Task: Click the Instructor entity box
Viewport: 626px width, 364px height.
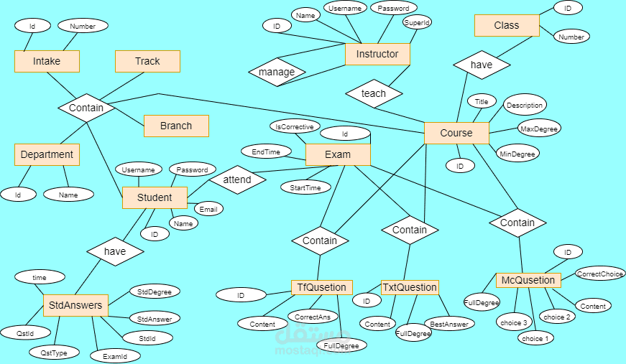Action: (377, 54)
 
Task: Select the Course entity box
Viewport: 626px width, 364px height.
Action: (456, 133)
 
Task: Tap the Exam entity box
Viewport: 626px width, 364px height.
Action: (338, 154)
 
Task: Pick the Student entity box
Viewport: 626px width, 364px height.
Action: (155, 197)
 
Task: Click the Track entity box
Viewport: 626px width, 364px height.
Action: (147, 61)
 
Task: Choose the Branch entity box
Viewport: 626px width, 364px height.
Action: (176, 126)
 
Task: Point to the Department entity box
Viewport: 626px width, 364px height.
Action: (47, 154)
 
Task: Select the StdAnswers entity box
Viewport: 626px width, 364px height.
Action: (75, 305)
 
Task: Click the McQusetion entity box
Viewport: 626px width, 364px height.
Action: (528, 280)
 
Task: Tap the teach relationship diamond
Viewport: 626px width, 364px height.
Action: (374, 93)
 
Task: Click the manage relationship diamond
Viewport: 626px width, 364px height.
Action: (277, 72)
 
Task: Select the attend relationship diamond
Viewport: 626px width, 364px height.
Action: (237, 179)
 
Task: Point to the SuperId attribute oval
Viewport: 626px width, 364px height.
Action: (417, 22)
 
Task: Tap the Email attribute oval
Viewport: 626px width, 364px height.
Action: (208, 209)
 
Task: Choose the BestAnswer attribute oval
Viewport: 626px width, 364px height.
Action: (448, 324)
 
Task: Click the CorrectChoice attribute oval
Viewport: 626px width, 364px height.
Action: (600, 274)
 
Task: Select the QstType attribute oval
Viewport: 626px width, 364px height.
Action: (54, 352)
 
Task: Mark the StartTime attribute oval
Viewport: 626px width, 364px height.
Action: (305, 187)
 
